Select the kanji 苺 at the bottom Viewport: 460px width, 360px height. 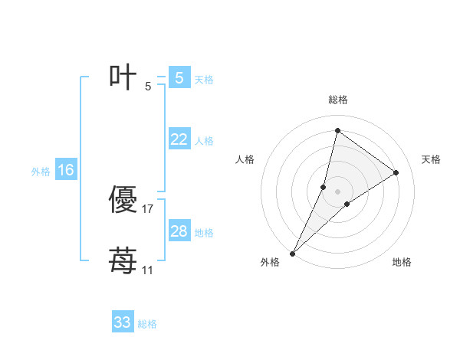tap(123, 261)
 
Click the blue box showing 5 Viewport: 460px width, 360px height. tap(179, 78)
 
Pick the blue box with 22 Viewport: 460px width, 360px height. tap(179, 139)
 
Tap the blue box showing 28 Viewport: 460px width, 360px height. tap(179, 231)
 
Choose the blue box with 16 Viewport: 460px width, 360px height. tap(66, 170)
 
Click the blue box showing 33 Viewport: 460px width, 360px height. tap(123, 322)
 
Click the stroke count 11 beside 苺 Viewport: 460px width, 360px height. tap(147, 270)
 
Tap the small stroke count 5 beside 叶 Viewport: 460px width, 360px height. tap(148, 87)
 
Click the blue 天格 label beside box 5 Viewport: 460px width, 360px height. tap(204, 80)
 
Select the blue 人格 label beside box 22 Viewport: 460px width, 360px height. tap(204, 141)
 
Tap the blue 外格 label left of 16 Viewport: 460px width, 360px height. tap(41, 172)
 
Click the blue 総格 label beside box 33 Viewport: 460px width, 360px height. tap(147, 324)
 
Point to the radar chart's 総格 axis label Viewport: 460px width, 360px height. tap(337, 100)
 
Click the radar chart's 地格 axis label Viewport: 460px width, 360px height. tap(402, 262)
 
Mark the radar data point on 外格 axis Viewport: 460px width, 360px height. tap(293, 253)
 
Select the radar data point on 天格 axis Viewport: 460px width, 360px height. tap(396, 172)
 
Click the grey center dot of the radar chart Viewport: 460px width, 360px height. tap(337, 191)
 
